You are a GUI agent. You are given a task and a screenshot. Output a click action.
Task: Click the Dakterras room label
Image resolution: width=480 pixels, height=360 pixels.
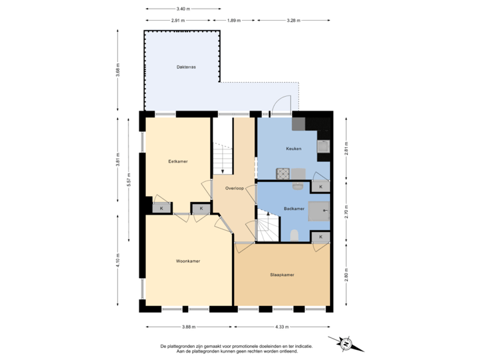tap(186, 67)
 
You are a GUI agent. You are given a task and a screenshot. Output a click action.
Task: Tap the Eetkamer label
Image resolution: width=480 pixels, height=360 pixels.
tap(177, 161)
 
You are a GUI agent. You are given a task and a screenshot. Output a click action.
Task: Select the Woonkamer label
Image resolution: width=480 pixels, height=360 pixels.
tap(188, 261)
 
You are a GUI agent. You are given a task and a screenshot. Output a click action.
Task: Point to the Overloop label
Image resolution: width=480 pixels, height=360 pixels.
tap(235, 189)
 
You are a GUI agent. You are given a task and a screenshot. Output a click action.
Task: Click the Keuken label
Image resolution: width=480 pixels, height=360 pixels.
tap(294, 149)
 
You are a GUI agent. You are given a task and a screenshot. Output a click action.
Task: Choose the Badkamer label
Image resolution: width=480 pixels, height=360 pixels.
tap(294, 209)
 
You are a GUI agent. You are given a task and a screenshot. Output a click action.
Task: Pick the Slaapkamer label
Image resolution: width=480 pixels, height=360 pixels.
tap(282, 275)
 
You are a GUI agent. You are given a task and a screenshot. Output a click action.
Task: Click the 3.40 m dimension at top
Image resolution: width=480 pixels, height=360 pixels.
tap(182, 9)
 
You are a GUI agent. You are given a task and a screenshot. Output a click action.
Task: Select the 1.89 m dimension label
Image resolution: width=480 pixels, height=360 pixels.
tap(233, 21)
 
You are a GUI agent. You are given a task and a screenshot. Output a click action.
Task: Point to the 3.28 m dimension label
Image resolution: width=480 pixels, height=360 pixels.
tap(293, 21)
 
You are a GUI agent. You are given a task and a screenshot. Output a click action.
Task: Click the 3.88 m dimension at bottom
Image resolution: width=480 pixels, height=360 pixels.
tap(189, 327)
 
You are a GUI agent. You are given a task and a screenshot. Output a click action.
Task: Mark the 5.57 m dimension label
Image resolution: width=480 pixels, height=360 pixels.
tap(129, 180)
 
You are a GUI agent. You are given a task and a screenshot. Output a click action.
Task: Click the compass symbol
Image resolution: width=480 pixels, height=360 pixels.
tap(347, 343)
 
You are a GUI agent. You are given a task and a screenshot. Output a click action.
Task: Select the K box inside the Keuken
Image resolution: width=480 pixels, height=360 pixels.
tap(321, 187)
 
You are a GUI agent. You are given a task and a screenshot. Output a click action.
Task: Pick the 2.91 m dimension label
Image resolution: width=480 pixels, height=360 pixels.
tap(178, 21)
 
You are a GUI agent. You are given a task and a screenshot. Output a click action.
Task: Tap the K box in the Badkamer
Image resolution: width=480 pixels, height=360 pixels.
tap(321, 237)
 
